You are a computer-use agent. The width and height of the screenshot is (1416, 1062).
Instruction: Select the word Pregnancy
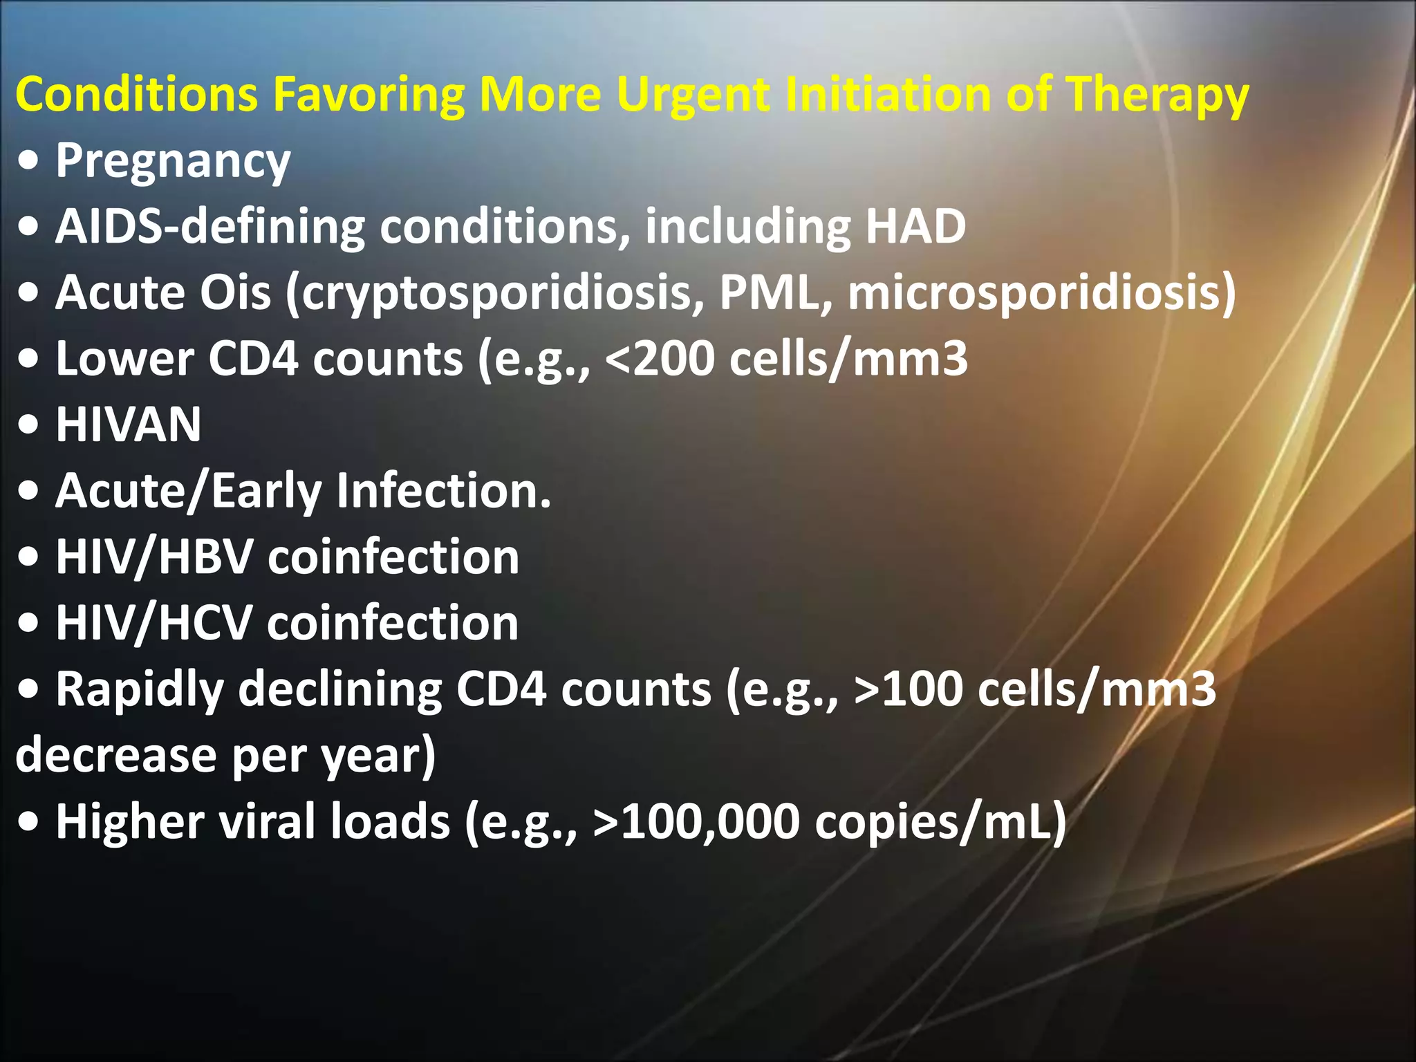[173, 161]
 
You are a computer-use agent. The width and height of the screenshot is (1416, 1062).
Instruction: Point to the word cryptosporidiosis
[496, 293]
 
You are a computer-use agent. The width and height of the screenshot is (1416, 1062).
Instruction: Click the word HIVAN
[129, 425]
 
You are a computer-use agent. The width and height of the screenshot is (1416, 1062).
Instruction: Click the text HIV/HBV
[153, 557]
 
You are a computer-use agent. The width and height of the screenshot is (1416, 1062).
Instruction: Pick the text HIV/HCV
[153, 623]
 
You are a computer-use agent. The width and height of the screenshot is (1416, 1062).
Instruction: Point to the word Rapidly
[140, 690]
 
